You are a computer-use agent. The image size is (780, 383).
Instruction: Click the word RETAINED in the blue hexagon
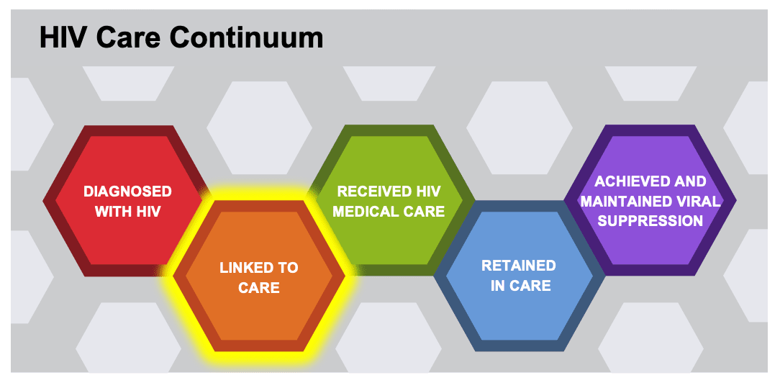click(518, 266)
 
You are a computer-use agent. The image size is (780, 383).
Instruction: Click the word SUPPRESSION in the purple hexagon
click(650, 221)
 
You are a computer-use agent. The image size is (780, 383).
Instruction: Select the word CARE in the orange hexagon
click(259, 288)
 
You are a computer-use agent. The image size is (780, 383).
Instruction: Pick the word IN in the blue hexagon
click(497, 286)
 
